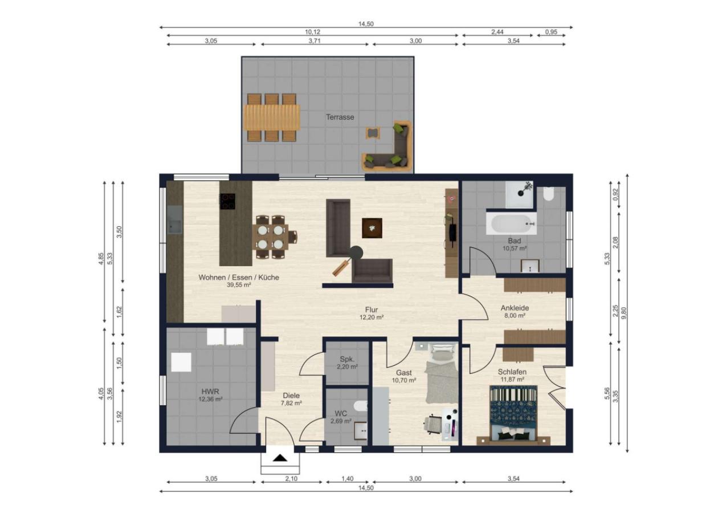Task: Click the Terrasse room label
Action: [340, 117]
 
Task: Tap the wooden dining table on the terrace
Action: [272, 117]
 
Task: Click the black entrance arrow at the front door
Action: [280, 458]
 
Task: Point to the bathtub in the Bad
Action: [511, 223]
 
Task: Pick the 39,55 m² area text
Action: [239, 285]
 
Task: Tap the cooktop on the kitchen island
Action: [227, 201]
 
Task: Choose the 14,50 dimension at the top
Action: [365, 24]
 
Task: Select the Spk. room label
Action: [347, 359]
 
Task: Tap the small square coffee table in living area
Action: [372, 227]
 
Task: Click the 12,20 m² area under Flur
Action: [372, 317]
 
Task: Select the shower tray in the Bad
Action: [520, 194]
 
